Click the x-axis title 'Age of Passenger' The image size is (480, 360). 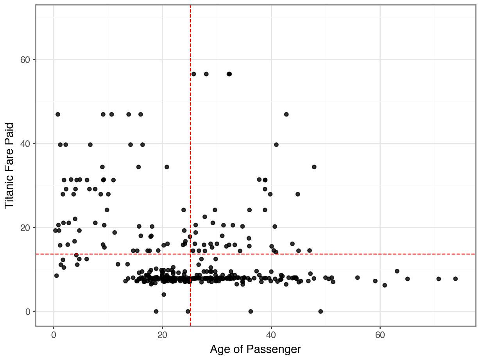[x=255, y=349]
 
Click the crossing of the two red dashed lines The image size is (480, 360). [x=190, y=254]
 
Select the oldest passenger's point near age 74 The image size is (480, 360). [x=455, y=279]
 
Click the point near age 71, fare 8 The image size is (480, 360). [x=439, y=279]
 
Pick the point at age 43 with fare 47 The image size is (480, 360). [x=286, y=114]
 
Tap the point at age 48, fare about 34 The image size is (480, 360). [x=314, y=167]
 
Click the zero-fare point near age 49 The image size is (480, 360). [x=321, y=312]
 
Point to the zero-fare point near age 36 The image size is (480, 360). [x=251, y=312]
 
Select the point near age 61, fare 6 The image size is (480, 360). [x=385, y=285]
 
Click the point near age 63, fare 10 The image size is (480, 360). [x=397, y=271]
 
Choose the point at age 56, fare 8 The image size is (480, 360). [x=357, y=278]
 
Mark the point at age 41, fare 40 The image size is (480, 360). [x=276, y=145]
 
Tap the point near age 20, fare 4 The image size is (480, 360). [x=164, y=294]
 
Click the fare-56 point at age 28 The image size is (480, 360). [x=206, y=74]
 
